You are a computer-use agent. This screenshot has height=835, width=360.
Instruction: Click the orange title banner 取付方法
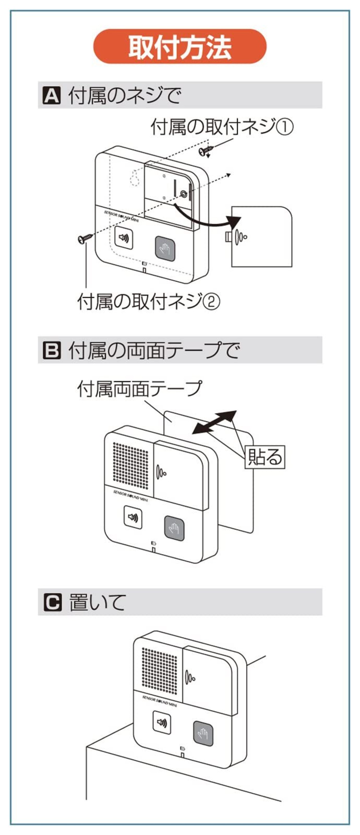click(180, 46)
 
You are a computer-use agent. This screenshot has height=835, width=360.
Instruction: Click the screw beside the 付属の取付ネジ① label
click(206, 150)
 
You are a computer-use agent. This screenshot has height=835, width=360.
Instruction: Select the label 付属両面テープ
click(139, 388)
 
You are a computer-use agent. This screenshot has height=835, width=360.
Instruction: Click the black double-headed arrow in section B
click(214, 422)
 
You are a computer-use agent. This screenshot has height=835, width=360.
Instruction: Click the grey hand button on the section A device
click(165, 248)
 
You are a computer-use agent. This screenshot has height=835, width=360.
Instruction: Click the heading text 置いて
click(97, 602)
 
